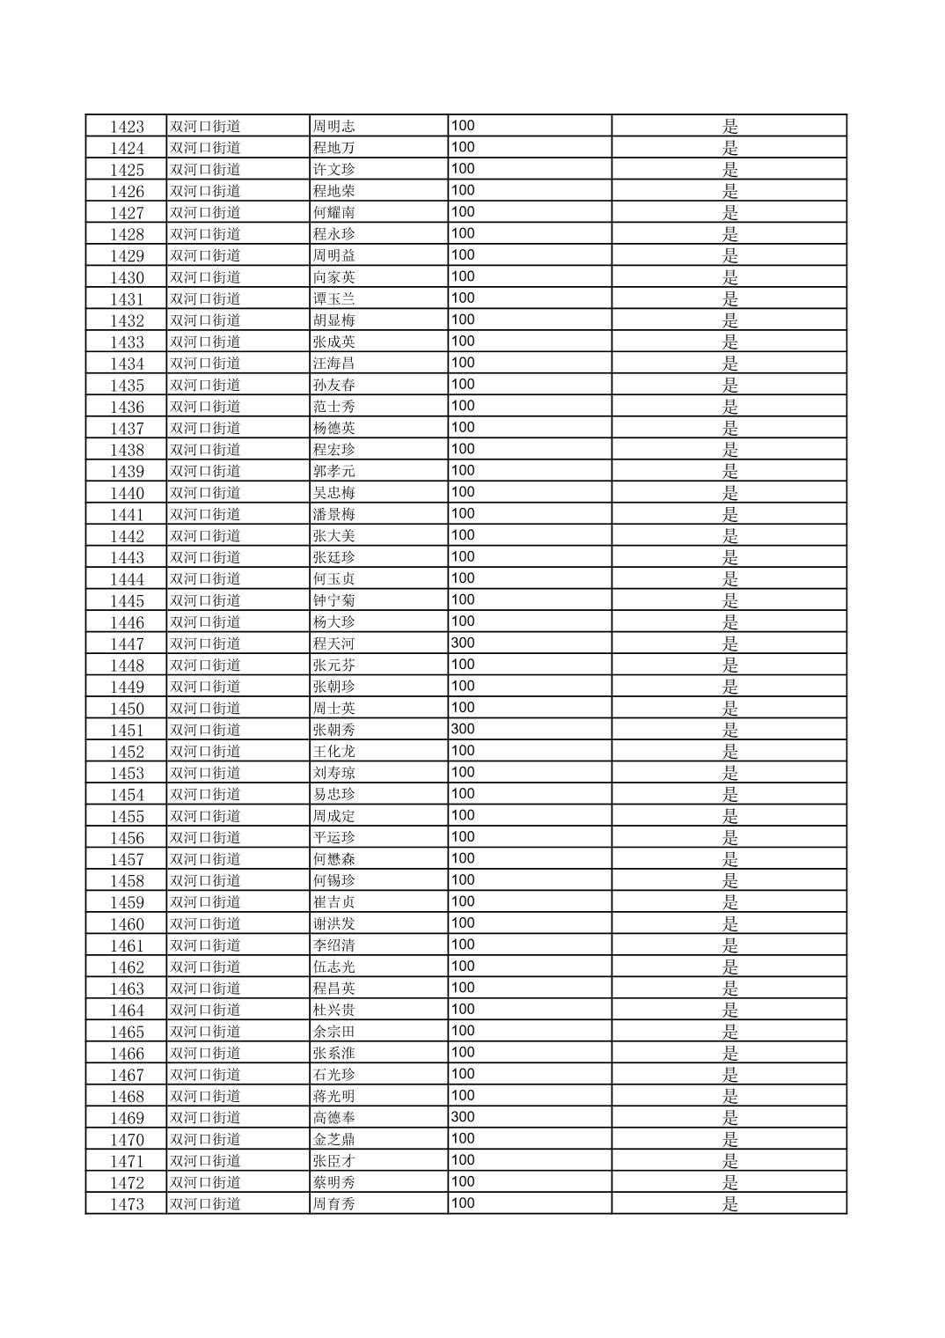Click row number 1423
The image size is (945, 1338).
(x=127, y=127)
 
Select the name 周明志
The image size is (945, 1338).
(x=333, y=127)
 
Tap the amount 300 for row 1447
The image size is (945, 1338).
(x=463, y=643)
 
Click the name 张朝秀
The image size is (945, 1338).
(x=333, y=730)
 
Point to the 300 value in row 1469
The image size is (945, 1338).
(x=463, y=1117)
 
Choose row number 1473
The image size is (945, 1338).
(x=127, y=1204)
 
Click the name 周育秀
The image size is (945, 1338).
(x=333, y=1204)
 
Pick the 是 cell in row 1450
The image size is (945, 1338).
(x=729, y=709)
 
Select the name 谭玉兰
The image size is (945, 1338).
(x=333, y=299)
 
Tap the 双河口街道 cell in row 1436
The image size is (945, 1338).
(x=205, y=407)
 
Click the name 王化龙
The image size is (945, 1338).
(x=333, y=752)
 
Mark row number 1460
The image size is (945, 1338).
(x=127, y=924)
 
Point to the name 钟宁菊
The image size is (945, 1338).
(x=333, y=600)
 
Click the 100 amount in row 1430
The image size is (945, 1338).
(x=463, y=277)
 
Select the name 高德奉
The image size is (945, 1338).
(x=333, y=1118)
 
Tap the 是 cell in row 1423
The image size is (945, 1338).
(x=729, y=127)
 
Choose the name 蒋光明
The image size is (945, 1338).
(x=333, y=1096)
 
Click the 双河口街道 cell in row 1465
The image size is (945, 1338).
(x=205, y=1032)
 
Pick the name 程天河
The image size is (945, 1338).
(x=333, y=643)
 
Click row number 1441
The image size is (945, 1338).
(x=127, y=515)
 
